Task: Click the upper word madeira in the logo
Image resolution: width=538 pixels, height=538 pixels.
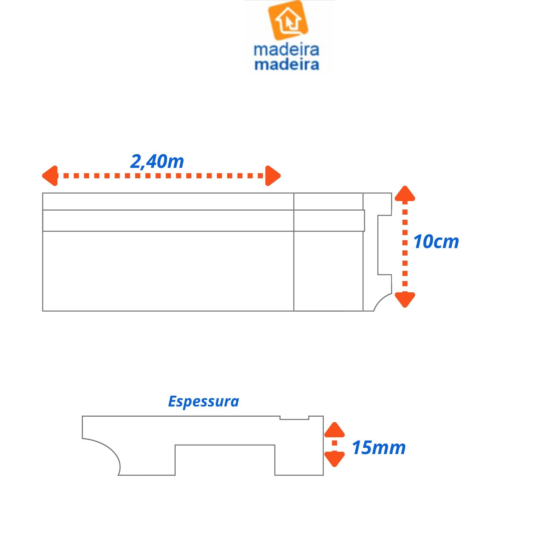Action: point(286,50)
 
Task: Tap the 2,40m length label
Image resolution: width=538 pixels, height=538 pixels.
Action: point(157,162)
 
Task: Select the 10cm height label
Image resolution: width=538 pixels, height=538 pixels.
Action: point(436,242)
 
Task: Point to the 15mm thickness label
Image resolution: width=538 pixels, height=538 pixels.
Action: point(378,448)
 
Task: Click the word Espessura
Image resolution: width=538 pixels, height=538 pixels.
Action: point(203,402)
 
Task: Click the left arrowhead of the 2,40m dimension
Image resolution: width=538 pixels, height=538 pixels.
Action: point(50,176)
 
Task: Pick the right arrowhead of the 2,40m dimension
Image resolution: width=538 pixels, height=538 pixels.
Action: point(272,176)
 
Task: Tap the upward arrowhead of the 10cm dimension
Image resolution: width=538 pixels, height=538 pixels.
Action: point(405,194)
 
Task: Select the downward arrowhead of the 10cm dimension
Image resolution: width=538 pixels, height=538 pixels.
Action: point(405,300)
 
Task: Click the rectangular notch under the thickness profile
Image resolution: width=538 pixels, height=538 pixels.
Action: point(225,459)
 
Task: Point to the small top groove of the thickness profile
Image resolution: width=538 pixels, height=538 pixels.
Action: point(294,417)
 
